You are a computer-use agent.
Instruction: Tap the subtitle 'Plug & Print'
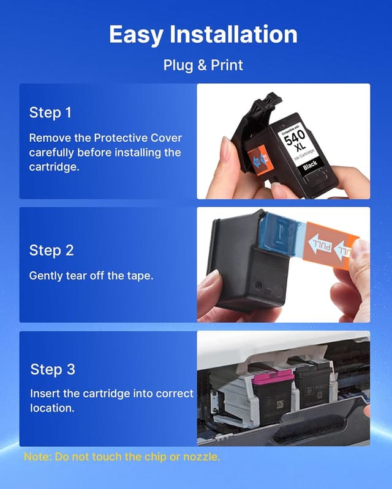tap(203, 65)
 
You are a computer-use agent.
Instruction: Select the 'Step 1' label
tap(50, 112)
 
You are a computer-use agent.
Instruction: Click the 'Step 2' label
tap(51, 250)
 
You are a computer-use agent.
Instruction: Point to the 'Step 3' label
tap(53, 369)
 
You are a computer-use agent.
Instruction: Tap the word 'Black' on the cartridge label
tap(310, 165)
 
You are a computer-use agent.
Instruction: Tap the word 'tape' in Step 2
tap(140, 276)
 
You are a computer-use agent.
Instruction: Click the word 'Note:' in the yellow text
tap(37, 457)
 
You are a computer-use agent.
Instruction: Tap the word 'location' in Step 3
tap(51, 408)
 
